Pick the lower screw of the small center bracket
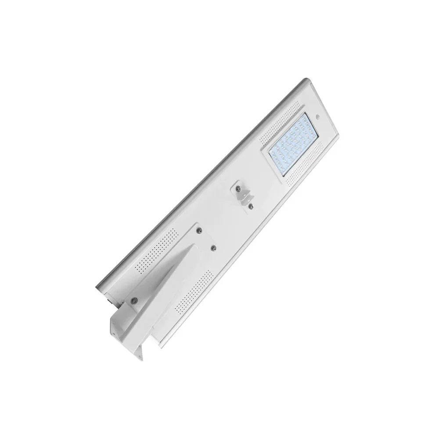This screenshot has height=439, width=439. point(251,205)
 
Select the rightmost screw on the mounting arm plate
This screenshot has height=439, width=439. point(214,248)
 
